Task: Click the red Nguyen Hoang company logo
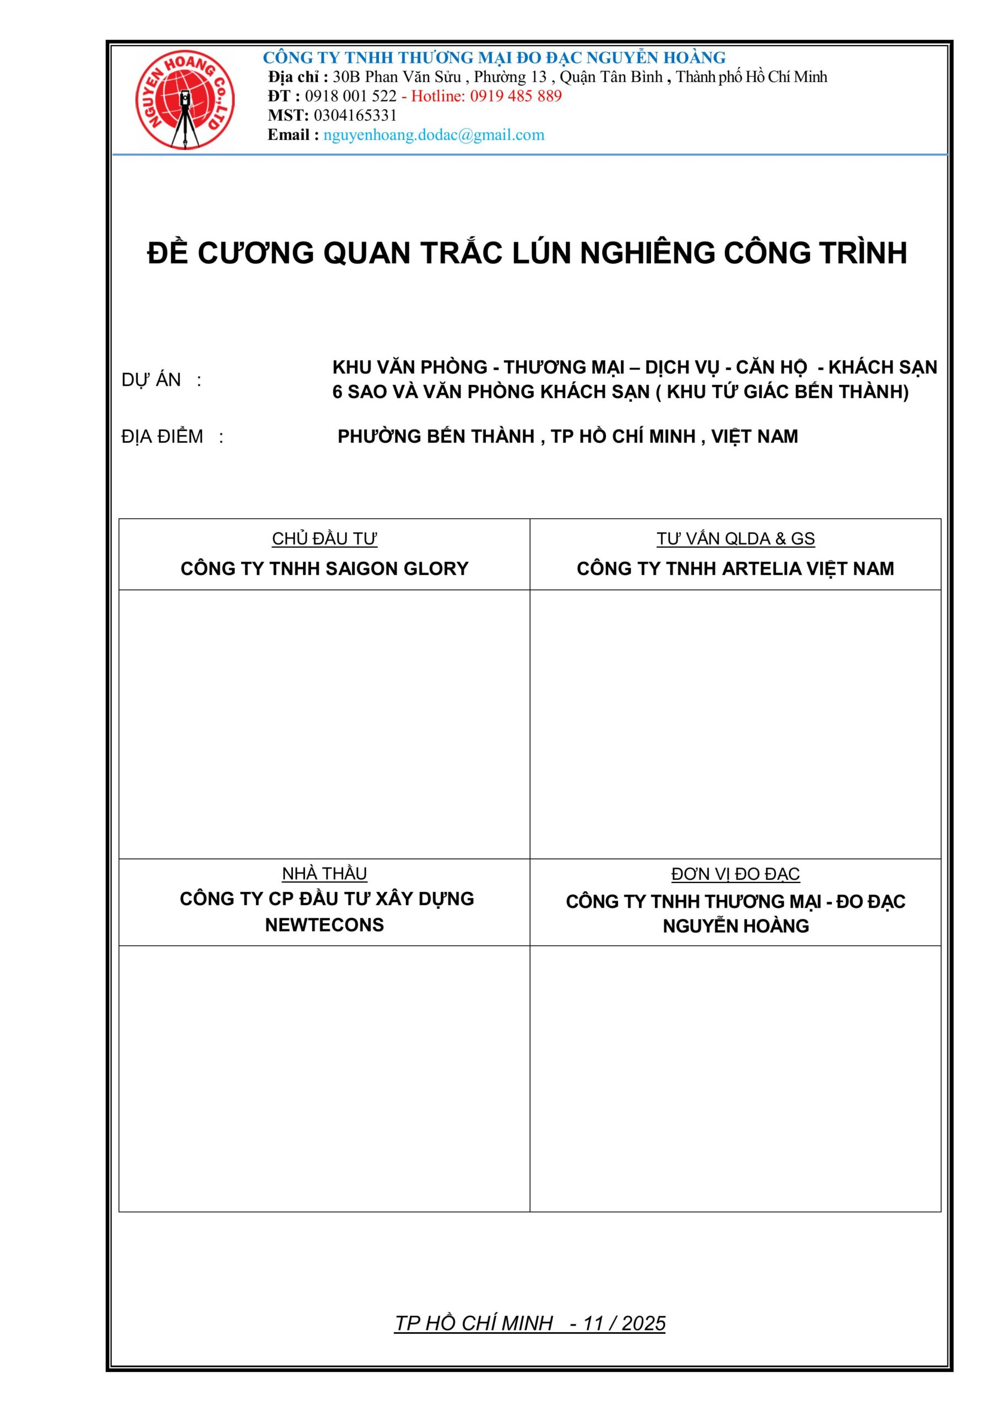pos(185,100)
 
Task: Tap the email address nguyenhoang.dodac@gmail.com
pos(434,134)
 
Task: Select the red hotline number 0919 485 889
pos(516,96)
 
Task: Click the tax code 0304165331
pos(355,115)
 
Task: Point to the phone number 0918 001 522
pos(351,96)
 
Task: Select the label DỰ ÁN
pos(151,380)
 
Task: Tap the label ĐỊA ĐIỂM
pos(162,437)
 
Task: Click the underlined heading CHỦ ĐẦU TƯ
pos(324,538)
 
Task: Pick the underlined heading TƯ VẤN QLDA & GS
pos(735,538)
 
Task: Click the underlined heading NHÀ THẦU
pos(324,873)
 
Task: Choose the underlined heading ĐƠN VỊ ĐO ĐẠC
pos(735,873)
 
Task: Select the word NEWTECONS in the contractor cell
pos(324,925)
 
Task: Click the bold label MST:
pos(288,115)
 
